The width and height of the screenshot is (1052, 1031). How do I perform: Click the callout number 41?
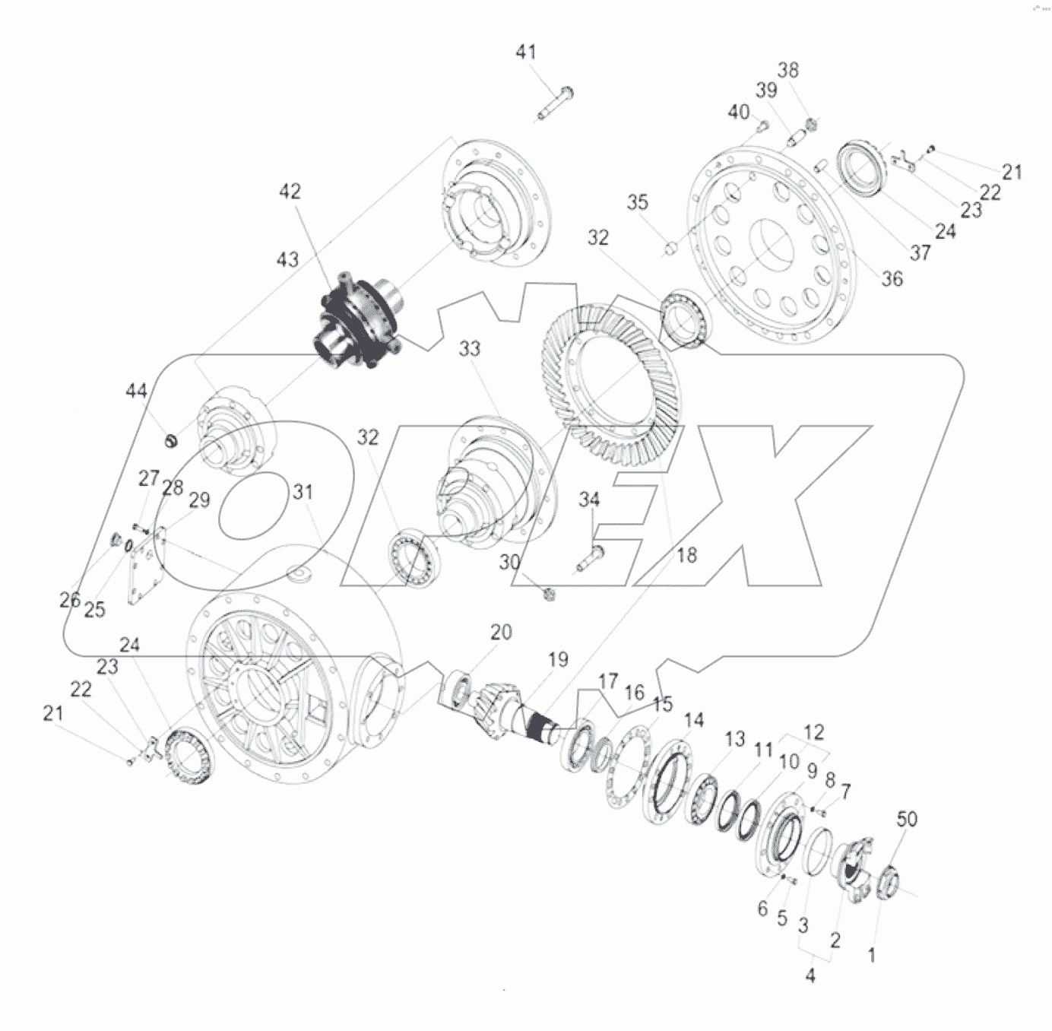[526, 52]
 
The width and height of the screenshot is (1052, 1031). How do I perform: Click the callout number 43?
[287, 259]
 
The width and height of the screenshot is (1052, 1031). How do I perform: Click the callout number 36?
[892, 279]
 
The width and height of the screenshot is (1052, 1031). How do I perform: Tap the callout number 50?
[907, 819]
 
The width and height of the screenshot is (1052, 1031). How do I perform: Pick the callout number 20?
[501, 632]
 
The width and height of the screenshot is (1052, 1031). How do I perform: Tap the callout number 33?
[470, 349]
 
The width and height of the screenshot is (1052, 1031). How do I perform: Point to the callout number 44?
[136, 392]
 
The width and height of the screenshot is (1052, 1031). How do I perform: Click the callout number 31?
[303, 493]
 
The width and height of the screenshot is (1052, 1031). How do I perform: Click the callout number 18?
[686, 555]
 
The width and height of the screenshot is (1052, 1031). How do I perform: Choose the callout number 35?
[638, 202]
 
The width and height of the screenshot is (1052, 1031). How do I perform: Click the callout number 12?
[813, 733]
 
